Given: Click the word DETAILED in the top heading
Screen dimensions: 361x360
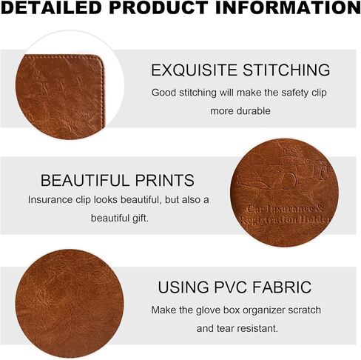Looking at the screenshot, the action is pyautogui.click(x=51, y=7).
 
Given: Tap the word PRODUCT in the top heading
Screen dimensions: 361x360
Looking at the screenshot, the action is pyautogui.click(x=159, y=7).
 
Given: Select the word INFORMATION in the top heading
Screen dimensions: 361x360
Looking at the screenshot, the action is pyautogui.click(x=288, y=7).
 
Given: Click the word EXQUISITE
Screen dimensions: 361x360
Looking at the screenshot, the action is pyautogui.click(x=194, y=70).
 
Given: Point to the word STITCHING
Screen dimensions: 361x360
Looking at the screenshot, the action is pyautogui.click(x=286, y=70).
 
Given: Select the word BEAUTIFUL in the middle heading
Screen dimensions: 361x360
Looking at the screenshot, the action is pyautogui.click(x=85, y=180).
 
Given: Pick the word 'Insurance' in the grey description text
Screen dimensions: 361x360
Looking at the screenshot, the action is pyautogui.click(x=50, y=199).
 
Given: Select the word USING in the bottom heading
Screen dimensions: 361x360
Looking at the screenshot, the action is pyautogui.click(x=183, y=287).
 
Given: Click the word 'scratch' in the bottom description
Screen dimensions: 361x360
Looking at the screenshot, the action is pyautogui.click(x=305, y=310).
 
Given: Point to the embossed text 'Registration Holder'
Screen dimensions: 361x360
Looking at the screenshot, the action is pyautogui.click(x=286, y=219).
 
